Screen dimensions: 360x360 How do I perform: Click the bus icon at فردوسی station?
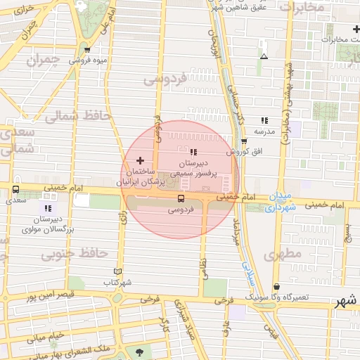point(181,199)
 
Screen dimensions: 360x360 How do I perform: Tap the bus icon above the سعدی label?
point(15,189)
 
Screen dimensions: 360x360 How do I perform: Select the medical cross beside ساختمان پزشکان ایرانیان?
point(139,161)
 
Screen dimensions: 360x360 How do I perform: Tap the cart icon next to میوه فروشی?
point(87,50)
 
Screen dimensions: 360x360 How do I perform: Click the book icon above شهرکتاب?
point(117,271)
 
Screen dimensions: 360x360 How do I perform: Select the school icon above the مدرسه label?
point(264,121)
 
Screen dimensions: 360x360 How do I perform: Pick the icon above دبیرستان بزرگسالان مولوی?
point(48,208)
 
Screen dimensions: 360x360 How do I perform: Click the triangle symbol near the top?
point(264,56)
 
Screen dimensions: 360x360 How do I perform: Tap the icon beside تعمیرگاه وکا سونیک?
point(278,287)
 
